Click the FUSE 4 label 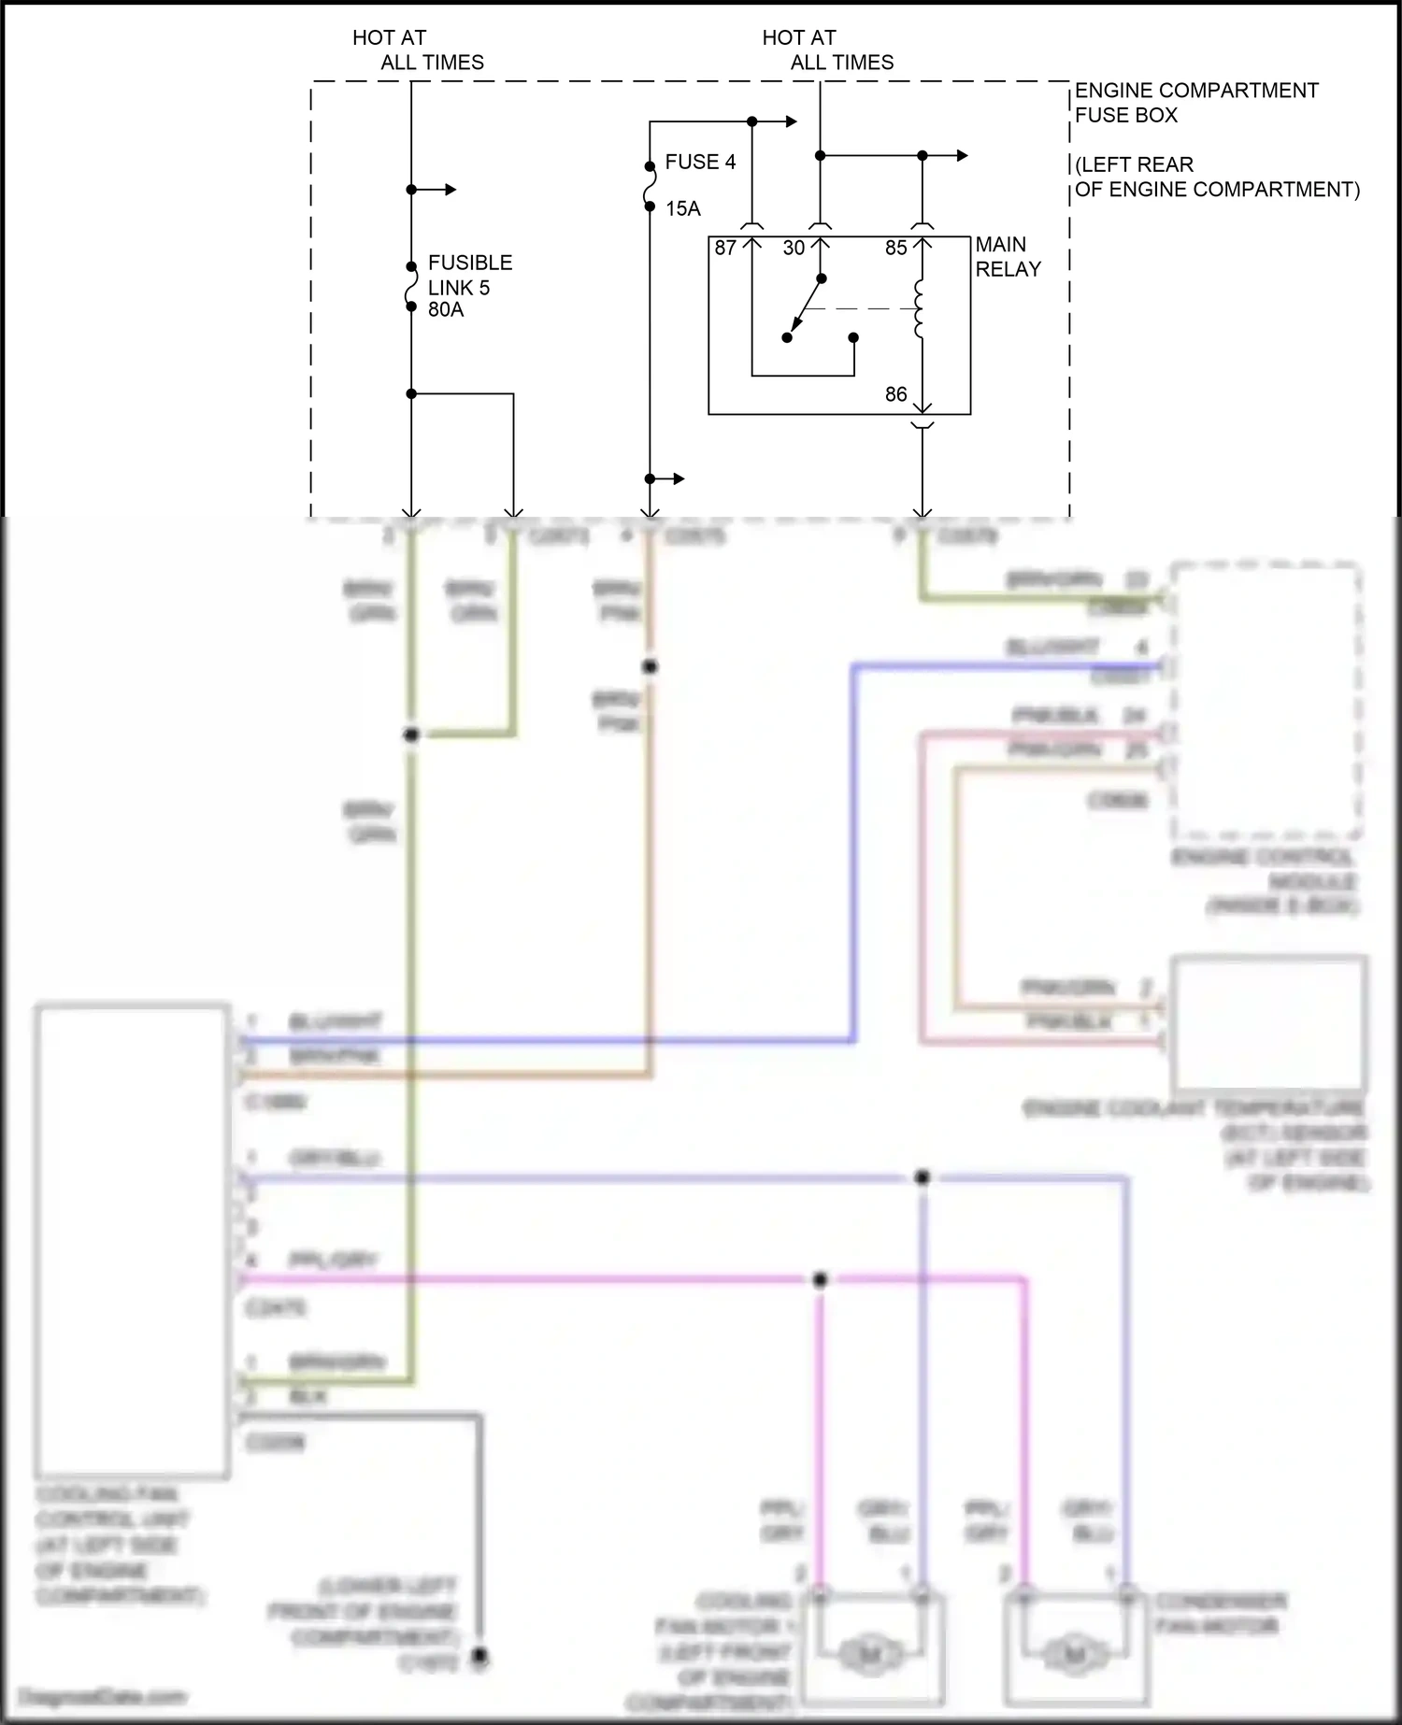pyautogui.click(x=700, y=162)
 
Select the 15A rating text pyautogui.click(x=683, y=208)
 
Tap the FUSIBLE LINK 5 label pyautogui.click(x=469, y=275)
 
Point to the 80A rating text pyautogui.click(x=446, y=309)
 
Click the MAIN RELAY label pyautogui.click(x=1008, y=256)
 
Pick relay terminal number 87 pyautogui.click(x=725, y=248)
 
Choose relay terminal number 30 pyautogui.click(x=794, y=248)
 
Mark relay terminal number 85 pyautogui.click(x=895, y=248)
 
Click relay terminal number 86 pyautogui.click(x=895, y=394)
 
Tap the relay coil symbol pyautogui.click(x=920, y=308)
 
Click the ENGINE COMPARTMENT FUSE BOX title pyautogui.click(x=1195, y=103)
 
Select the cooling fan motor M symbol pyautogui.click(x=869, y=1655)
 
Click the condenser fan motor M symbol pyautogui.click(x=1075, y=1655)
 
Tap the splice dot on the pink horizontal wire pyautogui.click(x=820, y=1279)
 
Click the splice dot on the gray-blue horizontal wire pyautogui.click(x=922, y=1177)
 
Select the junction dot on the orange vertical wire pyautogui.click(x=650, y=666)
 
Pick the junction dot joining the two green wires pyautogui.click(x=411, y=735)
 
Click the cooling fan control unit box pyautogui.click(x=132, y=1242)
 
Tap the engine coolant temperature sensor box pyautogui.click(x=1268, y=1022)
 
